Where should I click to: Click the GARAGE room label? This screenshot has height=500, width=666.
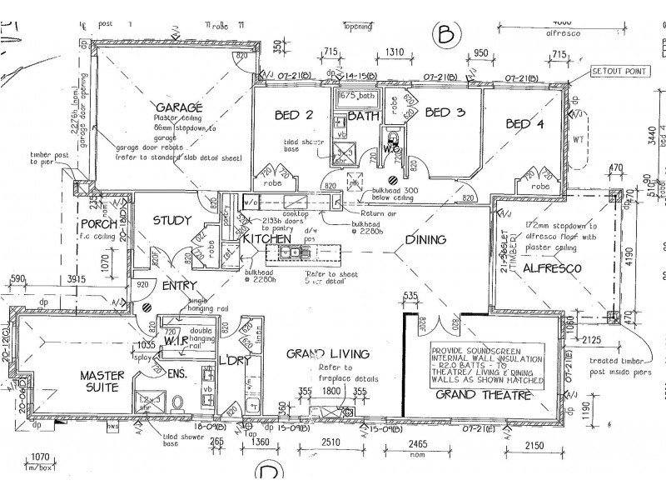pos(178,107)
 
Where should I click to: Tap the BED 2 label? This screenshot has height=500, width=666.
pos(296,116)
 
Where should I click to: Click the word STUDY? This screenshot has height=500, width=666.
pos(173,221)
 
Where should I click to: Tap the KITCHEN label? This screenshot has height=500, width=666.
pos(266,240)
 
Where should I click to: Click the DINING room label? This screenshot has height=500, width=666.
pos(425,240)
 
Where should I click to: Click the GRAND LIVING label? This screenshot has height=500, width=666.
pos(322,354)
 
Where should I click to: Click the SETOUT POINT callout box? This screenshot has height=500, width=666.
pos(618,72)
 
